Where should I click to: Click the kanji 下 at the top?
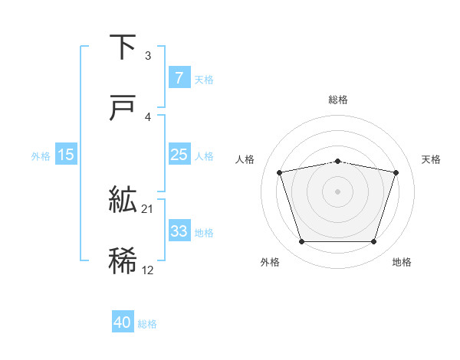[x=123, y=48]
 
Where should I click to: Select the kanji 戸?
[x=123, y=109]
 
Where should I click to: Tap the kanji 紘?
[x=123, y=201]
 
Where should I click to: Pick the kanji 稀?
[x=123, y=261]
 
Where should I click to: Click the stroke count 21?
[x=148, y=209]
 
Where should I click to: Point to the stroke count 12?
[x=148, y=270]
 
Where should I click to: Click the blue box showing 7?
[x=179, y=78]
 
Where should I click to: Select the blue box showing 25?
[x=179, y=155]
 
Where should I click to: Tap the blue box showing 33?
[x=179, y=231]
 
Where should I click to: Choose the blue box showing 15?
[x=66, y=155]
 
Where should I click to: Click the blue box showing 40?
[x=123, y=322]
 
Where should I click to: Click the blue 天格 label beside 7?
[x=204, y=79]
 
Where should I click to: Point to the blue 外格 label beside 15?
[x=41, y=155]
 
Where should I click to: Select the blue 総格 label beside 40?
[x=147, y=324]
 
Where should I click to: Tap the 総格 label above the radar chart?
[x=338, y=100]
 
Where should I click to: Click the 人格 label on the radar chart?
[x=246, y=159]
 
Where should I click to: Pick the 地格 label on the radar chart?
[x=402, y=263]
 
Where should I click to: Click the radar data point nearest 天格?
[x=396, y=172]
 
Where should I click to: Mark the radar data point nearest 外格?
[x=301, y=242]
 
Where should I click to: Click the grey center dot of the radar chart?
[x=337, y=191]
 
